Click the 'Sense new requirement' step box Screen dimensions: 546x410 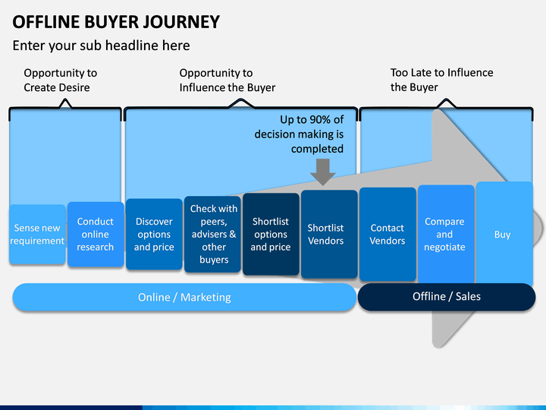(37, 235)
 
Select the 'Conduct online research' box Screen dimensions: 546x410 (96, 235)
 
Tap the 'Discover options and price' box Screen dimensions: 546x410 (154, 235)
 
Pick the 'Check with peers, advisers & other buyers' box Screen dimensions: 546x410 (212, 235)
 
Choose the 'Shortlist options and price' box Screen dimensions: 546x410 (271, 235)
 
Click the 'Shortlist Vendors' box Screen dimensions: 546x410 (329, 235)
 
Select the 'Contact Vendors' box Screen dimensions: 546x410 (388, 235)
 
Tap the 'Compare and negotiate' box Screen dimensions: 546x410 (446, 235)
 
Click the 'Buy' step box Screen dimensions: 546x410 (504, 234)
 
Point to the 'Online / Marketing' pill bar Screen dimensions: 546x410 (184, 297)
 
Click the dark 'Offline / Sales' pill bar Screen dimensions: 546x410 (447, 297)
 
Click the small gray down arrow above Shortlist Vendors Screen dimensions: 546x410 (323, 172)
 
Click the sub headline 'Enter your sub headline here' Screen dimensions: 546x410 (102, 46)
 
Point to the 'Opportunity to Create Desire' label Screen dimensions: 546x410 (60, 80)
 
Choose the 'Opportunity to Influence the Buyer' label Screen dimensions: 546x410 (227, 80)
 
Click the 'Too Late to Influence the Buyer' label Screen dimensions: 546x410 (441, 80)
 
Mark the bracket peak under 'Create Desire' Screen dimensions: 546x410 (65, 100)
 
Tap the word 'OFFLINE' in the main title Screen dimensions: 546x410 (46, 22)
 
